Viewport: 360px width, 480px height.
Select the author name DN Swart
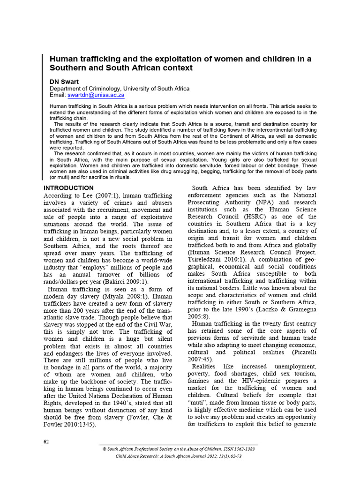tap(65, 81)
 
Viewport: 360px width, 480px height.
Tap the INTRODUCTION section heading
tap(68, 188)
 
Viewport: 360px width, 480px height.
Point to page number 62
tap(46, 442)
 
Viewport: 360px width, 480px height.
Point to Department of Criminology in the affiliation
tap(87, 88)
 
